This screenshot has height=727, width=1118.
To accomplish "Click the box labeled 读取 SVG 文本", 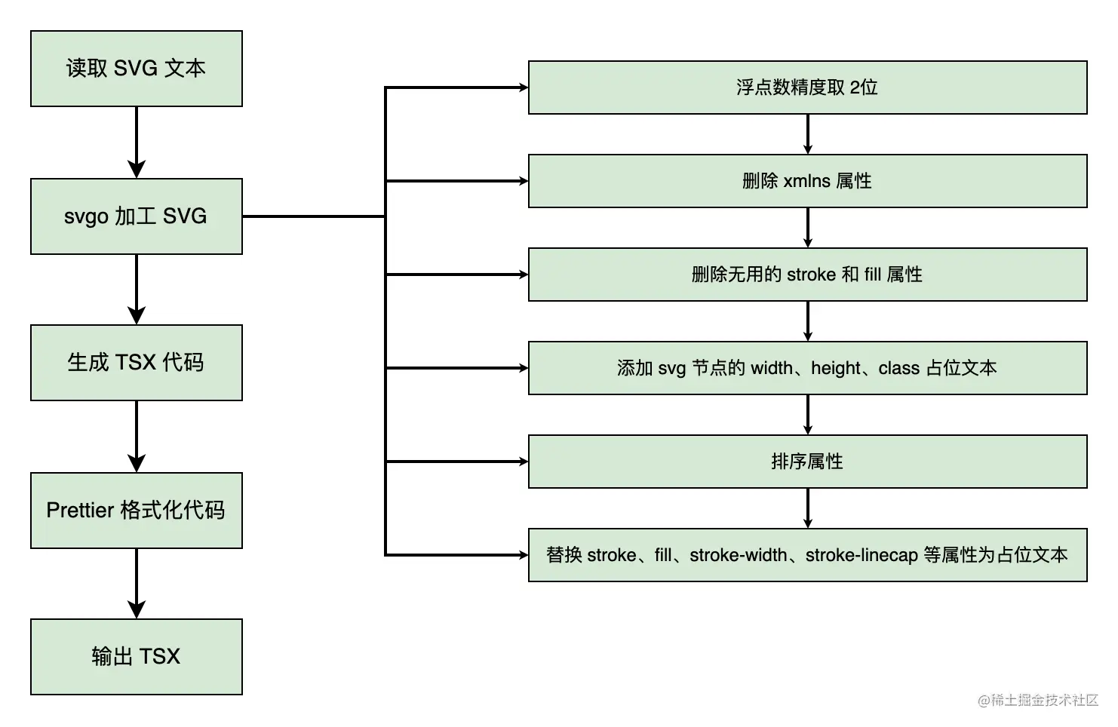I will point(136,69).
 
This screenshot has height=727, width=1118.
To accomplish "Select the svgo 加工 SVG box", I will point(136,216).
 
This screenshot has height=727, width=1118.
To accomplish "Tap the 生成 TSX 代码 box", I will point(136,363).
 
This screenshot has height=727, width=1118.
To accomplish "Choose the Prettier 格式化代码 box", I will point(136,511).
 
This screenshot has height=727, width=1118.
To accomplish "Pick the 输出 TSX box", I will point(136,657).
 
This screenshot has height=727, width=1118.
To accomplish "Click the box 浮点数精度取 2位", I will point(807,87).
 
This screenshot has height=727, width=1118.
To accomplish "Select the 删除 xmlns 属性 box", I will point(807,181).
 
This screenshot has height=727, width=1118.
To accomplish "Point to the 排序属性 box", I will point(807,462).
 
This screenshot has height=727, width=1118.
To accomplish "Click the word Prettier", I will point(80,511).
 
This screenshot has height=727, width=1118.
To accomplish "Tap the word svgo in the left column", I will point(86,217).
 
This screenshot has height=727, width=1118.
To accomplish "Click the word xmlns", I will point(806,181).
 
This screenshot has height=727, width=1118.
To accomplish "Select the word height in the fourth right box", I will point(836,368).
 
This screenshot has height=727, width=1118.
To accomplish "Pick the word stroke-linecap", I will point(862,555).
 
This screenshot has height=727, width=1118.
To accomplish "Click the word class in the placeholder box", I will point(899,368).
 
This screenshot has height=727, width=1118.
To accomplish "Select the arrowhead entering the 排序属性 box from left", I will point(522,462).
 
